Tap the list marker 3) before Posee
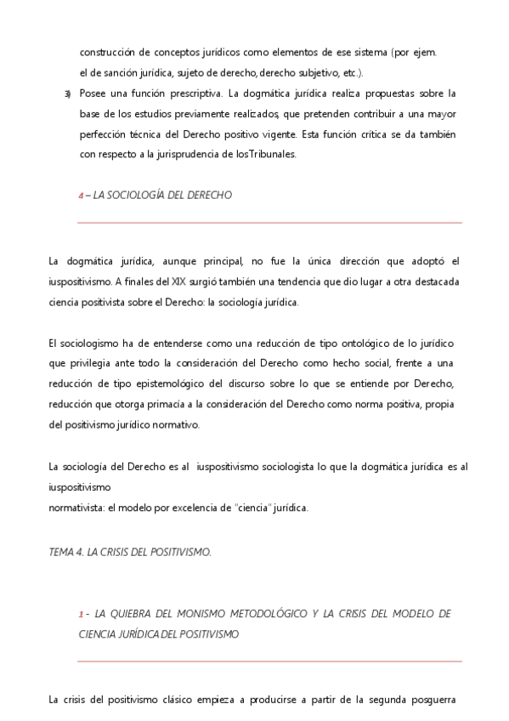coord(67,93)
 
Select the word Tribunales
coord(272,154)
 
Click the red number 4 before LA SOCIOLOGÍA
coord(81,196)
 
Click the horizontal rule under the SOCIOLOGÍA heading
coord(269,223)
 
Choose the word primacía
coord(188,404)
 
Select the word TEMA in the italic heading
coord(61,552)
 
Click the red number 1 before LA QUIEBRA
coord(81,613)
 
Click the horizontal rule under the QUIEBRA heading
coord(269,661)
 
